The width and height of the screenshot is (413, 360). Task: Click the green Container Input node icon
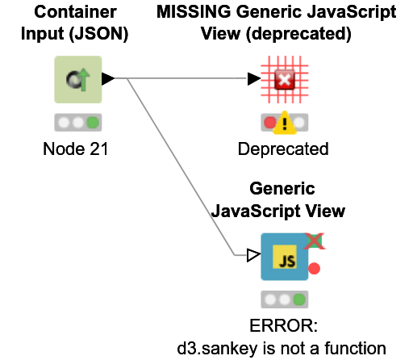point(78,79)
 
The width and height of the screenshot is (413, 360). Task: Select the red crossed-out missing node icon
point(284,79)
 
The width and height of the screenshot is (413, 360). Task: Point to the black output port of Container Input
point(108,79)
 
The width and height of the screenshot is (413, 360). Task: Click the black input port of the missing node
point(254,79)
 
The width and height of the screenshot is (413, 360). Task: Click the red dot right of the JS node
point(315,268)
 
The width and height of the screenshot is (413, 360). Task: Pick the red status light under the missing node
point(269,123)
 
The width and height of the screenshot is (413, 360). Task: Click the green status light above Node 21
point(93,123)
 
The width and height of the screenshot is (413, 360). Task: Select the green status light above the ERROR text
point(298,300)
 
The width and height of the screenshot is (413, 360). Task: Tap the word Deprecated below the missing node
point(283,149)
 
